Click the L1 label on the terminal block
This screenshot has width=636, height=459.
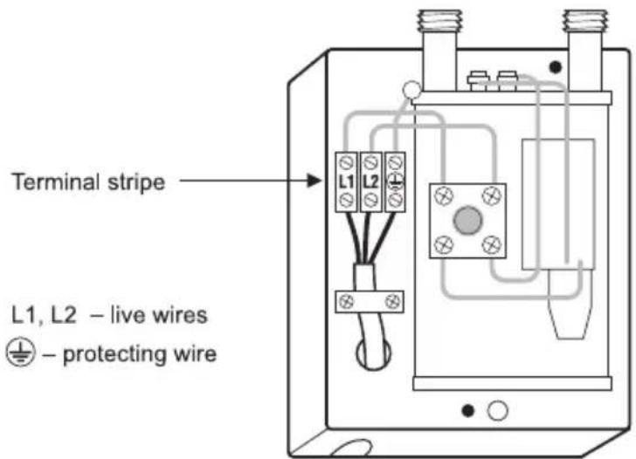(346, 182)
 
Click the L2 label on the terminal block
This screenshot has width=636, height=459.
(370, 182)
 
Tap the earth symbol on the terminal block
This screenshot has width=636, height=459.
(396, 182)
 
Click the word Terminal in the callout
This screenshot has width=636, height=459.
(56, 182)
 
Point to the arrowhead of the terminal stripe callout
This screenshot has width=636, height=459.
(314, 181)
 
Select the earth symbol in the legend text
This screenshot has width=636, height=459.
(21, 353)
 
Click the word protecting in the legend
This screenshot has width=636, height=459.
(114, 355)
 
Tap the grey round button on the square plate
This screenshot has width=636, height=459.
(467, 221)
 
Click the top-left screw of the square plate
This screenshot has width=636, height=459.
(444, 196)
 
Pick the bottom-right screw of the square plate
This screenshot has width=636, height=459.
(491, 244)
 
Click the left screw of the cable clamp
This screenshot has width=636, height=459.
(346, 301)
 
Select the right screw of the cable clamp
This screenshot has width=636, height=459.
(392, 301)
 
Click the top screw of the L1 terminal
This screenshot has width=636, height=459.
(346, 163)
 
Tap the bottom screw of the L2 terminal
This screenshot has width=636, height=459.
(370, 200)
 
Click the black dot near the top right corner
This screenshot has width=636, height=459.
(556, 67)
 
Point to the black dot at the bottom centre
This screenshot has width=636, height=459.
(468, 411)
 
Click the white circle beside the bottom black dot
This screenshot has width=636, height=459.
(498, 411)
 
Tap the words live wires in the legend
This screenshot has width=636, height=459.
(159, 315)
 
